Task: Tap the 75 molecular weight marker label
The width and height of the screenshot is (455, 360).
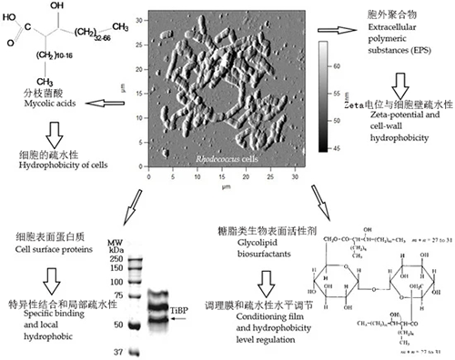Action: click(x=116, y=270)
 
